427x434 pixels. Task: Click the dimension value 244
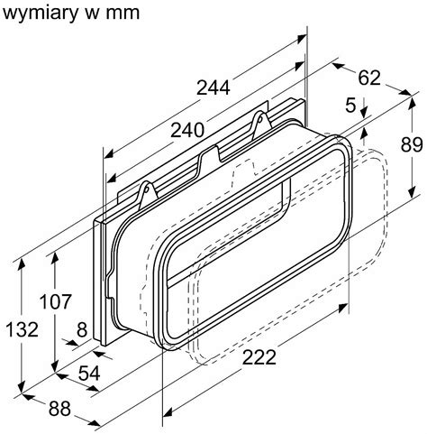coord(213,88)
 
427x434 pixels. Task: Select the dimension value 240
coord(187,131)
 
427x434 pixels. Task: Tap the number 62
coord(369,78)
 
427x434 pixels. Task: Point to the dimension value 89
coord(412,145)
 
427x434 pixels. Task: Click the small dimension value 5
coord(350,105)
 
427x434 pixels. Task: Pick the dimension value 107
coord(56,301)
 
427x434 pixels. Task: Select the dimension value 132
coord(23,329)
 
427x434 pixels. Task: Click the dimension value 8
coord(82,329)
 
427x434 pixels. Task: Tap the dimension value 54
coord(89,374)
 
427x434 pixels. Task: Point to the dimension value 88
coord(59,409)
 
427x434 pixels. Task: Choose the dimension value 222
coord(259,357)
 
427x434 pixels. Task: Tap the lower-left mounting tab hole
coord(147,189)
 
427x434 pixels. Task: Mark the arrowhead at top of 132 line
coord(22,263)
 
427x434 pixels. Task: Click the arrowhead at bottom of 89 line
coord(413,192)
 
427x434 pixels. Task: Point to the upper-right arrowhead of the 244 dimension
coord(301,38)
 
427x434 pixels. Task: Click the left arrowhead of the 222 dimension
coord(168,413)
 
